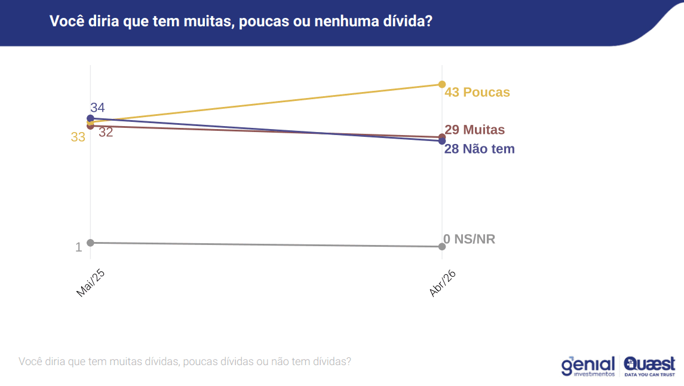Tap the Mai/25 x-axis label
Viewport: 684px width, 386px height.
pyautogui.click(x=91, y=283)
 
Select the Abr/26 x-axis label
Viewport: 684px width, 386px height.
pyautogui.click(x=443, y=283)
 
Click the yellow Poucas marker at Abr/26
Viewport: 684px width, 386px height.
pyautogui.click(x=442, y=84)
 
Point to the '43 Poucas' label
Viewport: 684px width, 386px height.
pyautogui.click(x=477, y=93)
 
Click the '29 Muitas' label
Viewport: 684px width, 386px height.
pyautogui.click(x=475, y=130)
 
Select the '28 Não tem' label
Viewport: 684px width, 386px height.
pyautogui.click(x=479, y=149)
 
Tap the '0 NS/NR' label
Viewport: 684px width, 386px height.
pyautogui.click(x=469, y=239)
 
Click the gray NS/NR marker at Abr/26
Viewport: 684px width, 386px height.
pyautogui.click(x=442, y=246)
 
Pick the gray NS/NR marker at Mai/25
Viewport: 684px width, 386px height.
pyautogui.click(x=90, y=243)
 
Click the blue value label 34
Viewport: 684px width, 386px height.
pyautogui.click(x=98, y=108)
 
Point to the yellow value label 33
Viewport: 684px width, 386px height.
pyautogui.click(x=78, y=137)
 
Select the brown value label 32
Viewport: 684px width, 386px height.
pyautogui.click(x=106, y=133)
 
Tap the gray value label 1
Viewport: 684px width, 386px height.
pyautogui.click(x=78, y=247)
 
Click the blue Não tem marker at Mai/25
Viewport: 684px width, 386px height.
pyautogui.click(x=90, y=118)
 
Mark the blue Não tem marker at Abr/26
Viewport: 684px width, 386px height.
pyautogui.click(x=442, y=142)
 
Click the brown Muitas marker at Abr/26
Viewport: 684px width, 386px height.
pyautogui.click(x=442, y=136)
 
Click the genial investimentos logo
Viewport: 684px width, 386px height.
pyautogui.click(x=588, y=366)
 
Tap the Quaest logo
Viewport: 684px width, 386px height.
pyautogui.click(x=649, y=366)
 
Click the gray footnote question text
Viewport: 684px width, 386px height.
pyautogui.click(x=185, y=362)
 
